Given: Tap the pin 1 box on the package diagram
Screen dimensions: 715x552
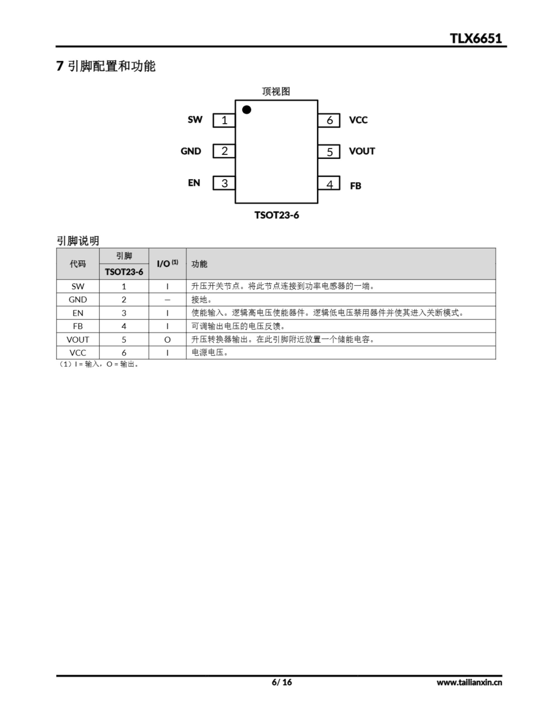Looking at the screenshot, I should pos(224,120).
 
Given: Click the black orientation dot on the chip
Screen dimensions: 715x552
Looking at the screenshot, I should pos(246,110).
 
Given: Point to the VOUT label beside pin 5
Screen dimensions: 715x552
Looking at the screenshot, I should pos(362,151).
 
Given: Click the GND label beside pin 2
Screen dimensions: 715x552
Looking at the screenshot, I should pos(191,151).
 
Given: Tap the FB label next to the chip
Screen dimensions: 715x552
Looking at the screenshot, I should pos(355,186).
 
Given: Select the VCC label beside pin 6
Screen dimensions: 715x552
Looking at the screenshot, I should pos(358,120).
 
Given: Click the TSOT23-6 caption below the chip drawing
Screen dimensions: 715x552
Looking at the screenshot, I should pos(277,215).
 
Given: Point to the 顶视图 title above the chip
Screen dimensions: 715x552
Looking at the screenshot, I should pos(276,91).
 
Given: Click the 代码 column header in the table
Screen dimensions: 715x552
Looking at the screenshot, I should pos(78,264).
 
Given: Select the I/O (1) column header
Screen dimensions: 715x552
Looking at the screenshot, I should pos(167,264).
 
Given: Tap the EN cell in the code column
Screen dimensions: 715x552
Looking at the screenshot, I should pos(78,313).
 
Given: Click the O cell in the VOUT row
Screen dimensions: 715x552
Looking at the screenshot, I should pos(167,340).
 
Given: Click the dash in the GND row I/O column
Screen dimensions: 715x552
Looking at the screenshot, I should pos(167,300).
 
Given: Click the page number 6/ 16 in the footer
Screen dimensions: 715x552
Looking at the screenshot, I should pos(281,682).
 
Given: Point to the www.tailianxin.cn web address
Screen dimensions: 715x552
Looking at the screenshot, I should pos(469,682).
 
